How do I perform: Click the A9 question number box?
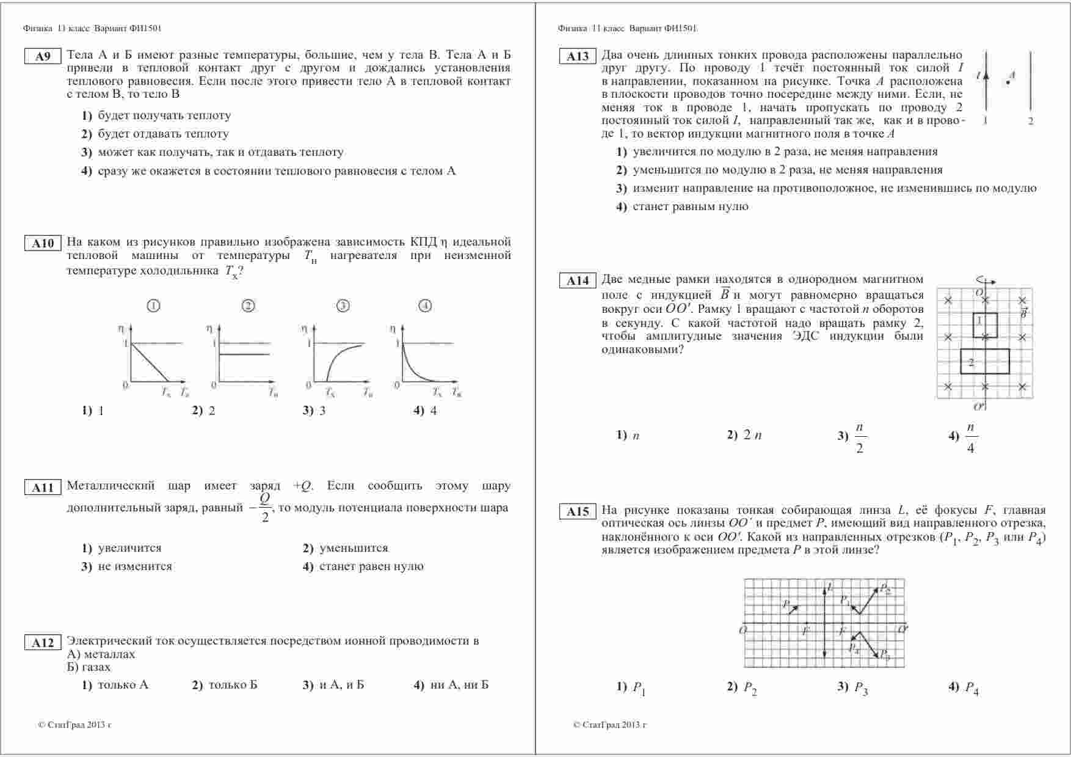coord(43,57)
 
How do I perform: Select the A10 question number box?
coord(43,244)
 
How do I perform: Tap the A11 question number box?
coord(43,488)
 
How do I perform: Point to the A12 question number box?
coord(43,643)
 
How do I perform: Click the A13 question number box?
coord(578,57)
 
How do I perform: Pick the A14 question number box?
coord(578,281)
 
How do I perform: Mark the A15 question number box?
coord(578,512)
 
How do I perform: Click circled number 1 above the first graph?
coord(154,305)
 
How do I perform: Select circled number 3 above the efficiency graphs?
coord(343,305)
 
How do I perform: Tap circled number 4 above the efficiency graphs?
coord(425,305)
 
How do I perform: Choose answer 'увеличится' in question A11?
coord(129,548)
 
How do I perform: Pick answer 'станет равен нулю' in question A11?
coord(371,566)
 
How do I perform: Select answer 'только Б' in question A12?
coord(233,685)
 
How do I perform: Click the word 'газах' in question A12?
coord(96,667)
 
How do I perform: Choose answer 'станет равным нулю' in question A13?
coord(690,207)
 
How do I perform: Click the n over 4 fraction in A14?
coord(971,438)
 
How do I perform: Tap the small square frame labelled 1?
coord(985,325)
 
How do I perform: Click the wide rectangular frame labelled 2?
coord(984,361)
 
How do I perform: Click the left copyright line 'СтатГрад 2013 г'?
coord(75,725)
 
